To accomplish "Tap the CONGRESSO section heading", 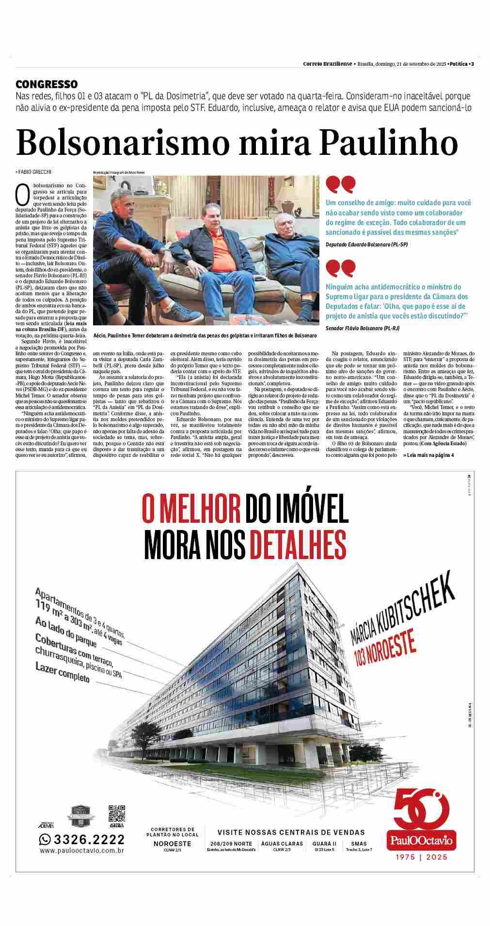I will point(47,84).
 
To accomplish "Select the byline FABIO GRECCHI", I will point(34,172).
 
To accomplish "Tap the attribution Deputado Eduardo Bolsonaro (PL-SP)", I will point(366,245).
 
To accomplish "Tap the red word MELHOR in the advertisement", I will point(192,508).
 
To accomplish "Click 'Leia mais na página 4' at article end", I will point(428,455).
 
